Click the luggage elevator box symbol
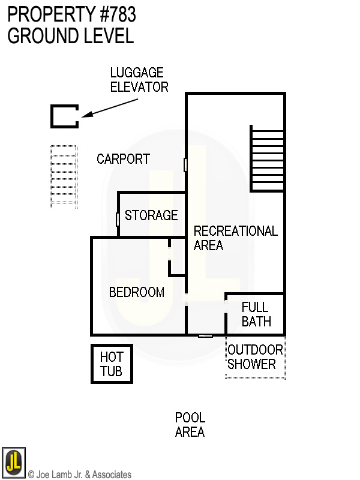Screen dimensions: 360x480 pyautogui.click(x=51, y=116)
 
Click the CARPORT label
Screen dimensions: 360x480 pyautogui.click(x=124, y=159)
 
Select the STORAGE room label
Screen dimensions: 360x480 pyautogui.click(x=151, y=215)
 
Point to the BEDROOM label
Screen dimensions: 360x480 pyautogui.click(x=137, y=292)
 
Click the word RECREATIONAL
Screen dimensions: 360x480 pyautogui.click(x=236, y=231)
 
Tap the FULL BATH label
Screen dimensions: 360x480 pyautogui.click(x=256, y=314)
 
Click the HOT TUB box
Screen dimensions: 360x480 pyautogui.click(x=92, y=364)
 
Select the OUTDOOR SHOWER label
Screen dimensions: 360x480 pyautogui.click(x=255, y=357)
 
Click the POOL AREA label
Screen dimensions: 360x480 pyautogui.click(x=190, y=425)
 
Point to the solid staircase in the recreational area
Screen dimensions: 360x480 pyautogui.click(x=267, y=158)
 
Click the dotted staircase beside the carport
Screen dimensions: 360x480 pyautogui.click(x=64, y=177)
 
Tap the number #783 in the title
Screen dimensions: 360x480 pyautogui.click(x=118, y=14)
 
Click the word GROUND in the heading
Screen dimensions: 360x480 pyautogui.click(x=43, y=35)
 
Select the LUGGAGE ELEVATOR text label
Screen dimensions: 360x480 pyautogui.click(x=139, y=80)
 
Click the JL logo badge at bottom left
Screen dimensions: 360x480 pyautogui.click(x=13, y=462)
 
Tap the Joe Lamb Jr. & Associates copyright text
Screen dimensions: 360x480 pyautogui.click(x=80, y=474)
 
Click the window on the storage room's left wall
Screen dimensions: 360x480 pyautogui.click(x=118, y=220)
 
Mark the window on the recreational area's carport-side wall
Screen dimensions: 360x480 pyautogui.click(x=185, y=164)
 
